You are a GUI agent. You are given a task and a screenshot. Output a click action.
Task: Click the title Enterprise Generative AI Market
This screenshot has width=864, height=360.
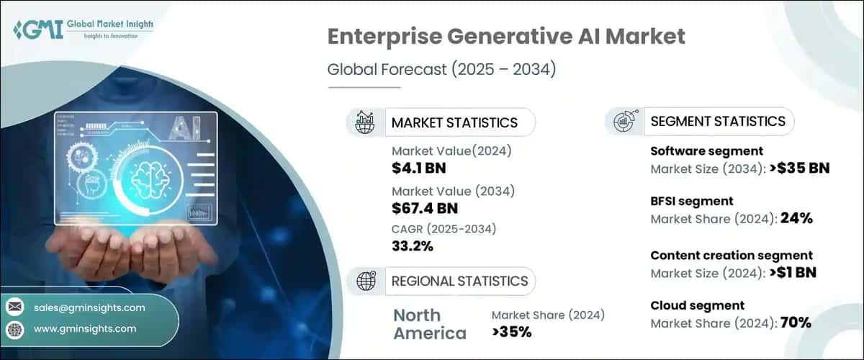coord(506,37)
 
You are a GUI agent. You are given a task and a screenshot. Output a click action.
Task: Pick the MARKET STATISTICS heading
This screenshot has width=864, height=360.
coord(454,122)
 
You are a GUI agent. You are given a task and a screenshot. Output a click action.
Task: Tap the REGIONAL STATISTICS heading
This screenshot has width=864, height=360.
coord(459,281)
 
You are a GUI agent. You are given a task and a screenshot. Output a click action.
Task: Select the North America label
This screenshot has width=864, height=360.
coord(429,324)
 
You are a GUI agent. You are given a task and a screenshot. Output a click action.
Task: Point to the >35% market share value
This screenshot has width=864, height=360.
coord(511,332)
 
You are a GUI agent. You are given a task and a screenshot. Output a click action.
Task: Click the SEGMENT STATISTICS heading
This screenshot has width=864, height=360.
coord(717,121)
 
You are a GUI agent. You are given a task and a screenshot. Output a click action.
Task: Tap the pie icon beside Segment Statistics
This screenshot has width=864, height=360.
coord(624,121)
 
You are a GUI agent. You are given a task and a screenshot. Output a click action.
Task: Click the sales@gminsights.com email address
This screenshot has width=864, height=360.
coord(89,307)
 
